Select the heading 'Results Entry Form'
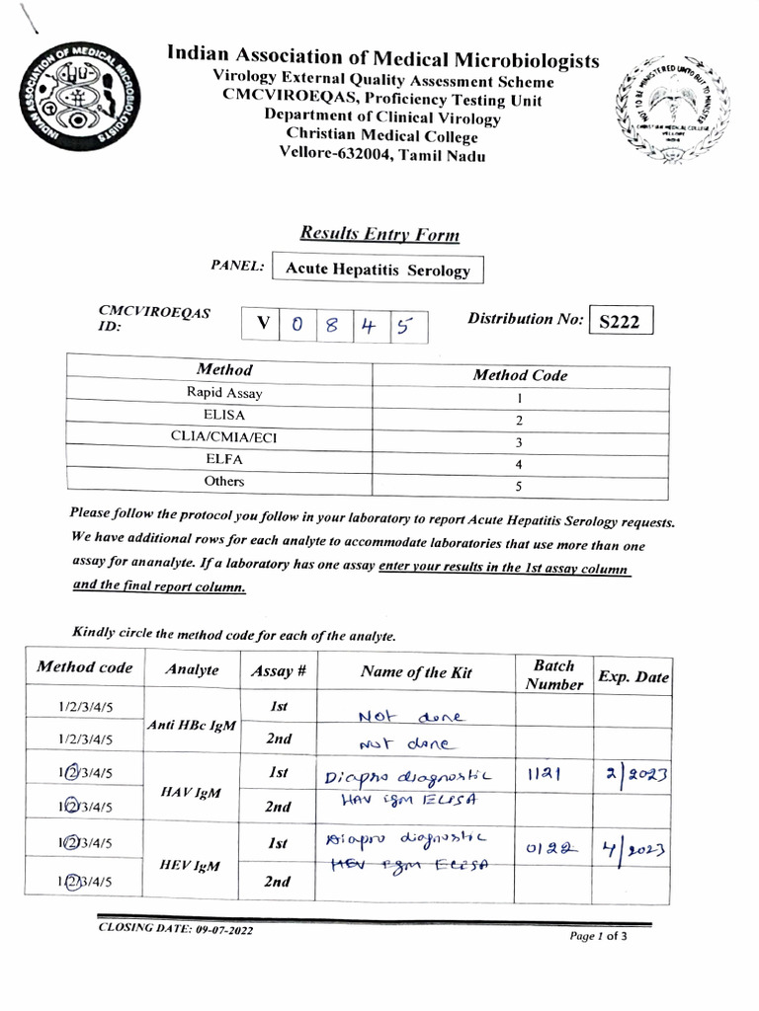point(379,234)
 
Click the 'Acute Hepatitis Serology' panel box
point(378,270)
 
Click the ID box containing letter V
point(262,324)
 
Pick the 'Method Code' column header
point(520,375)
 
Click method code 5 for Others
point(520,486)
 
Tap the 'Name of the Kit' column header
point(416,672)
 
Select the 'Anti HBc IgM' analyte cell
point(193,724)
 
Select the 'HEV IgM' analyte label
point(193,866)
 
